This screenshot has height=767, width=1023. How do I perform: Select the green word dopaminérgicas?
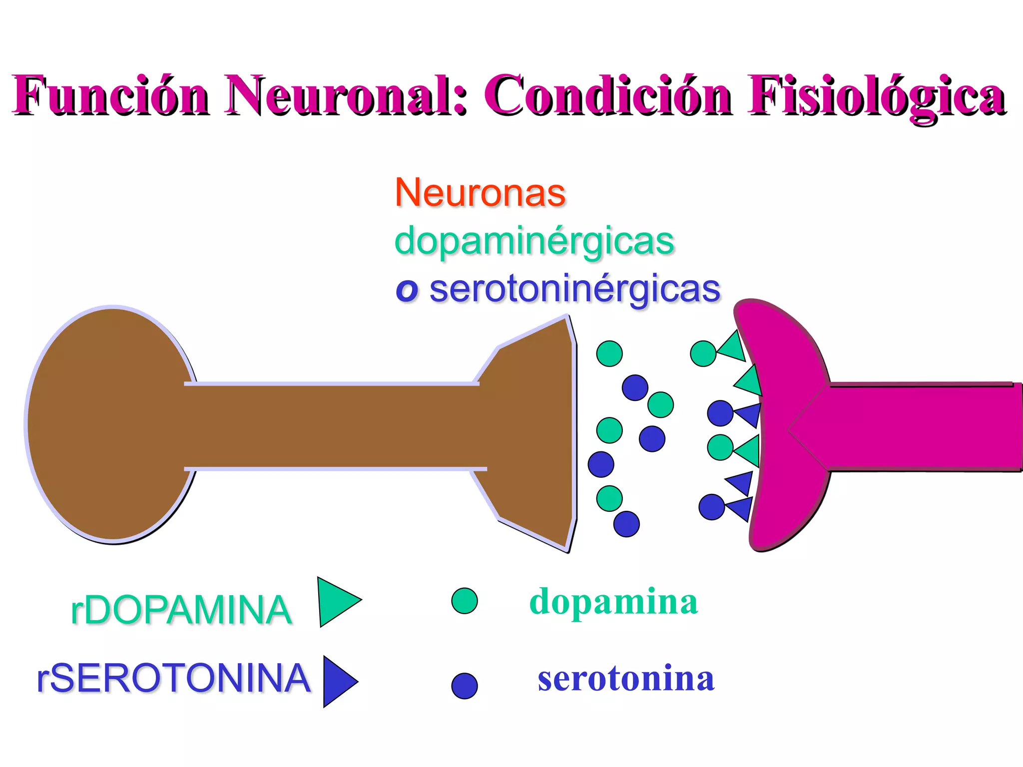534,241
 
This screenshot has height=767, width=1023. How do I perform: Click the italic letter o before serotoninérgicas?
407,290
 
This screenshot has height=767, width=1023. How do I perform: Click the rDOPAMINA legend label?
181,610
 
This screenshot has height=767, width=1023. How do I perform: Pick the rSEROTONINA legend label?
173,678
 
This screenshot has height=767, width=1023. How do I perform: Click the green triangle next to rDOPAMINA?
337,601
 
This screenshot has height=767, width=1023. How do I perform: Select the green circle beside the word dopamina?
465,601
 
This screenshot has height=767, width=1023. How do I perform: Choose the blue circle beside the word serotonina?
465,686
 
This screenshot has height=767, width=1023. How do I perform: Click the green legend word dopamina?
613,602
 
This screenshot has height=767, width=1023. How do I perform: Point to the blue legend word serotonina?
626,679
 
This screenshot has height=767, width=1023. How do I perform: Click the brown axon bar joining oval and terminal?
330,426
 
